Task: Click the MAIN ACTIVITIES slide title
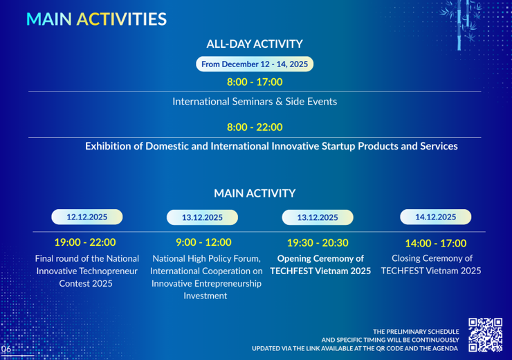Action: point(96,19)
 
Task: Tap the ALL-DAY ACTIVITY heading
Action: point(255,44)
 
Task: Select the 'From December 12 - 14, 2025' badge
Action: point(255,64)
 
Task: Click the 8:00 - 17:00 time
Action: point(255,82)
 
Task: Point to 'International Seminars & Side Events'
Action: point(255,102)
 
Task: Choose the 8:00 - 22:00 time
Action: point(255,127)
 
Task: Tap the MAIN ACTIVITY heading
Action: point(255,193)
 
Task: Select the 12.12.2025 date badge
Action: point(87,217)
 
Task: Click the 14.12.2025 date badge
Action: point(436,217)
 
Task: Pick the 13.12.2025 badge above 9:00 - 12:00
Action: point(202,217)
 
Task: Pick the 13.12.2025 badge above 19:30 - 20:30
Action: point(318,217)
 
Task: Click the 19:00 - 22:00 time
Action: point(85,242)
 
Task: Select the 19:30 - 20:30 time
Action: point(318,242)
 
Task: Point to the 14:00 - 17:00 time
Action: point(436,243)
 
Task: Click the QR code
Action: point(485,334)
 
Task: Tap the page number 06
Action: point(6,349)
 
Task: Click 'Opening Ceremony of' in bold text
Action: point(320,258)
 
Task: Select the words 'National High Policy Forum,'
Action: point(206,258)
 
